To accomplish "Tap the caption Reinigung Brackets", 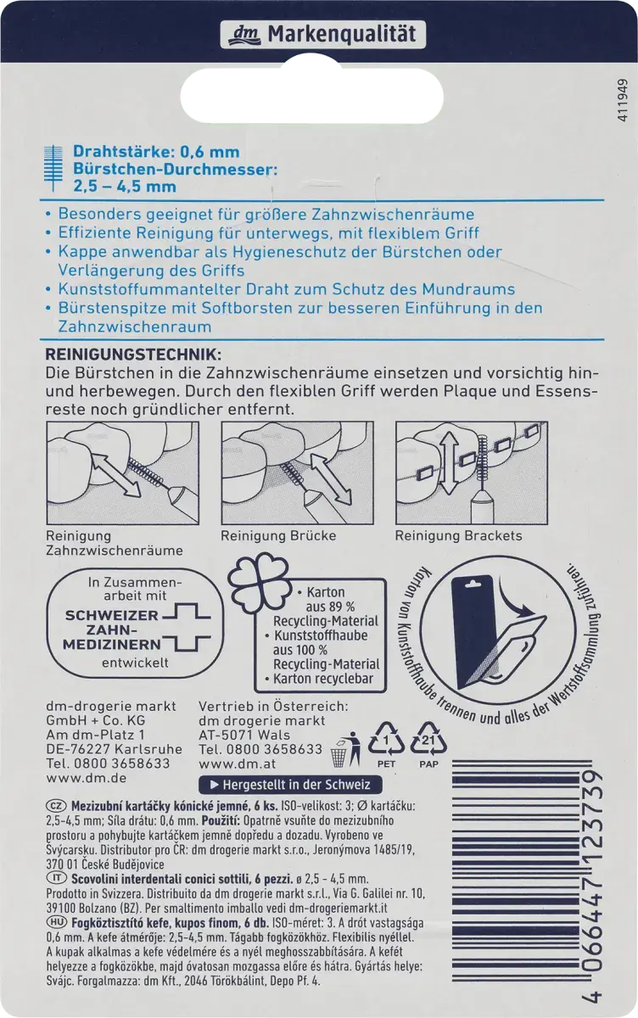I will point(458,535).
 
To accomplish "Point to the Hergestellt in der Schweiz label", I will point(276,786).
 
